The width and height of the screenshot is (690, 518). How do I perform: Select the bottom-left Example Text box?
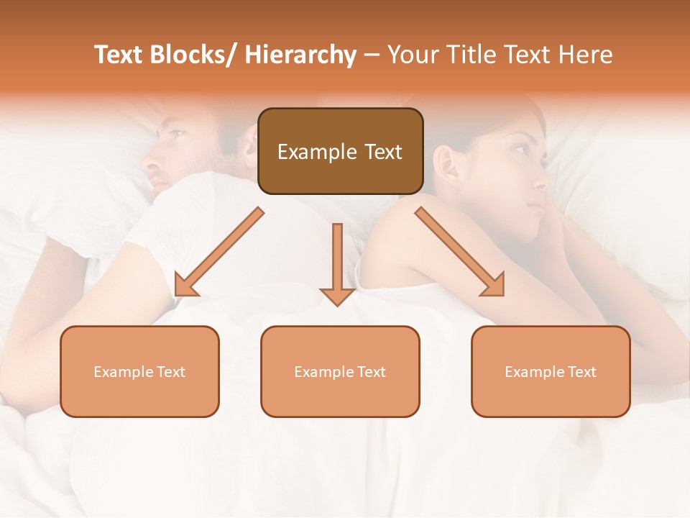pos(139,371)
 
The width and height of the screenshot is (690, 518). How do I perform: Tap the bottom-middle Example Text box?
pos(340,371)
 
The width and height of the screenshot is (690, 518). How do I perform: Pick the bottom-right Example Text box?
pos(551,371)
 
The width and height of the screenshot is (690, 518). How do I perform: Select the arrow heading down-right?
pos(460,252)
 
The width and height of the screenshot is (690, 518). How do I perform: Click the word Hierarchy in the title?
pos(300,55)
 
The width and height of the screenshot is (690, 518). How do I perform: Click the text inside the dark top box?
pos(340,152)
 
